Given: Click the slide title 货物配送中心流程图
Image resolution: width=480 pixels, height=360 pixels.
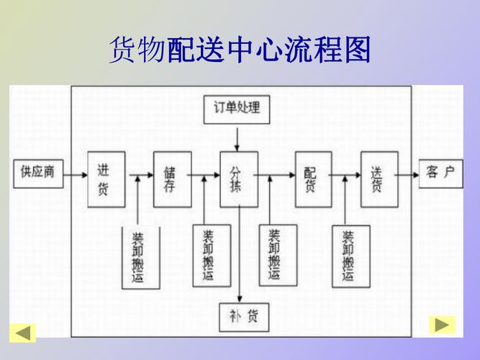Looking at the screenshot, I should (x=240, y=51).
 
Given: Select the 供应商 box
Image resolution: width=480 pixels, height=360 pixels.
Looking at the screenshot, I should (x=39, y=173).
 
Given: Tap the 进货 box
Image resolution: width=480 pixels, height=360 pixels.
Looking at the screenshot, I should (x=102, y=179).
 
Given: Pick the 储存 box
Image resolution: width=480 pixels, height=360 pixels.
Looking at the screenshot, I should (x=172, y=179).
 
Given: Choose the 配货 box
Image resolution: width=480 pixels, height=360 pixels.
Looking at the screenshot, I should (x=313, y=179).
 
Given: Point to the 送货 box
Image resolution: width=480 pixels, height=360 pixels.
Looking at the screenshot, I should (x=379, y=179).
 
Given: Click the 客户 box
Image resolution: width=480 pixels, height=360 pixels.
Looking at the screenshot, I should (x=440, y=174).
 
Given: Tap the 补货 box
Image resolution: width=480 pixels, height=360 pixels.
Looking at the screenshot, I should (x=239, y=315).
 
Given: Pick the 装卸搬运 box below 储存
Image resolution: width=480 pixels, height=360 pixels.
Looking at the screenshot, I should (x=211, y=256).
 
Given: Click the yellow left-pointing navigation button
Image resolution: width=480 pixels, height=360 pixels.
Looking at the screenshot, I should (x=22, y=333).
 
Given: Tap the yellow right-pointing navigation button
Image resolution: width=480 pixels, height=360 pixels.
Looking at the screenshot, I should (x=442, y=325).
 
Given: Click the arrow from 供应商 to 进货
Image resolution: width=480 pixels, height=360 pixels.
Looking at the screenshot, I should (x=75, y=174).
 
